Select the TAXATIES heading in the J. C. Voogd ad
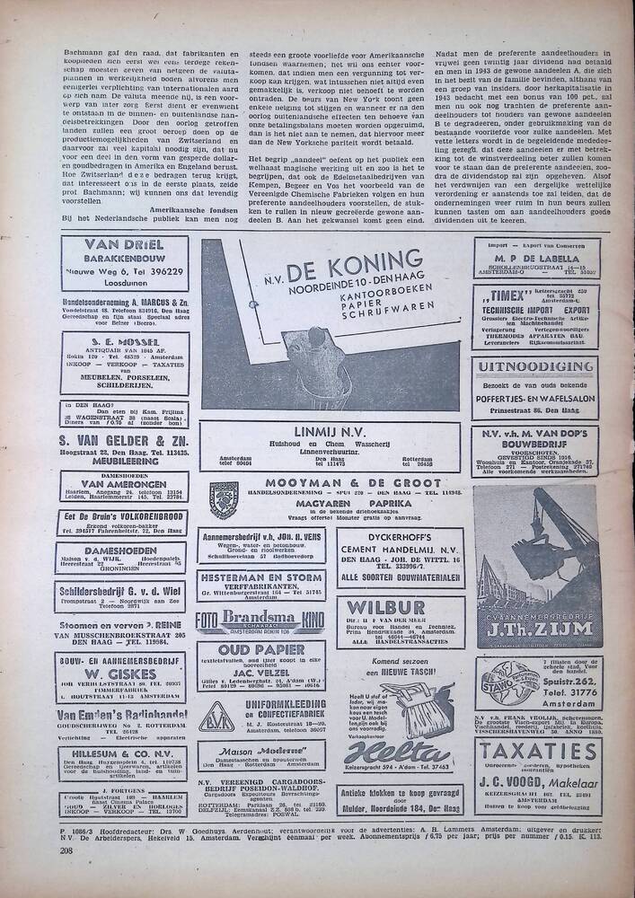536,753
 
